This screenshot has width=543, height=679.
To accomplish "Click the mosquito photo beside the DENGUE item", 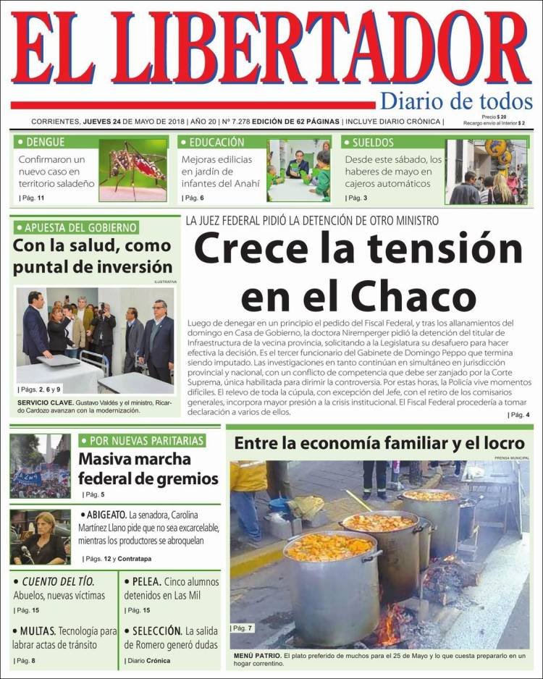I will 132,170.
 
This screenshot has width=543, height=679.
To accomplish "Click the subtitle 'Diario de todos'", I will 456,101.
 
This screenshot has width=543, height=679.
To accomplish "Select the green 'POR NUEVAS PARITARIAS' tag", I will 142,440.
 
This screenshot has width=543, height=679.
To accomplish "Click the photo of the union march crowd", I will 41,465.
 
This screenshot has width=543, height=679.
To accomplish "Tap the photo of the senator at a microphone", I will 41,536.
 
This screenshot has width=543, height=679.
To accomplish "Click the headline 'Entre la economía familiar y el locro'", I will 379,442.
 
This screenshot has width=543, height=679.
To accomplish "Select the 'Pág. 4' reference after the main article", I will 518,415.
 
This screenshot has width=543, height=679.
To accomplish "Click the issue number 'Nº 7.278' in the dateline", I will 235,121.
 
